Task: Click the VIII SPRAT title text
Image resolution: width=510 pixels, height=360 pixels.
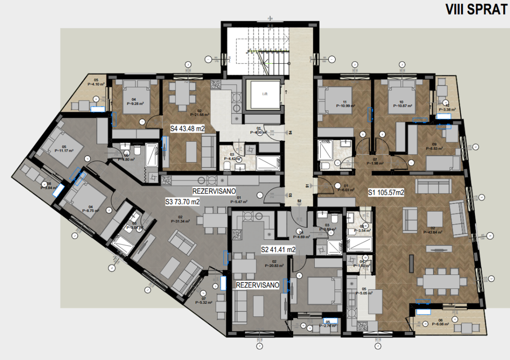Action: pos(476,9)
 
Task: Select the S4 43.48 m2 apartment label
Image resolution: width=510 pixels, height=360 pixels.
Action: pos(188,129)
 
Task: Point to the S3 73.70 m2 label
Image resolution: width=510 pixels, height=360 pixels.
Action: pos(182,202)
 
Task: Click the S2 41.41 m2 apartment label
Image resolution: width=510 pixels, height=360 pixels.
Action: pos(278,249)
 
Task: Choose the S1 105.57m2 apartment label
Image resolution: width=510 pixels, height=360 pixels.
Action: pos(386,193)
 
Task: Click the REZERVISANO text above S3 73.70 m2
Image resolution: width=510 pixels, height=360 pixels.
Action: pos(214,191)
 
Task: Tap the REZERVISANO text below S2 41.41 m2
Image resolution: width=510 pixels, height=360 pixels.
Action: pos(258,285)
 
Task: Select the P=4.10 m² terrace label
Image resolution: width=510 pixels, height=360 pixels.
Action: pos(96,84)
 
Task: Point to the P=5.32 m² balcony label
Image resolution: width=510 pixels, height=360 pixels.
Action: pos(204,303)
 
